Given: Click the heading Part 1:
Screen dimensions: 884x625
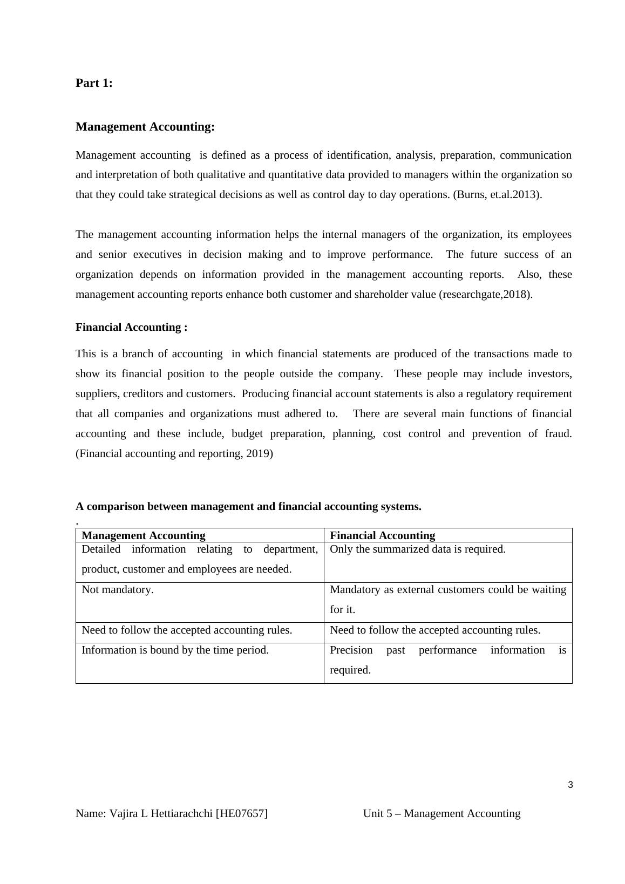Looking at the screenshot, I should (x=94, y=83).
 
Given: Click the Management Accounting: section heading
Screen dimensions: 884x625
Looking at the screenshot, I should (x=145, y=127).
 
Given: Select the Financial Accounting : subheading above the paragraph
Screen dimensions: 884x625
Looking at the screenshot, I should (x=131, y=328).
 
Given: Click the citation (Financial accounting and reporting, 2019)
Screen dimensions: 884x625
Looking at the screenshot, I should (x=174, y=454).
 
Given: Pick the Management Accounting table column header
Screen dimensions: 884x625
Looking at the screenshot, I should (x=143, y=535).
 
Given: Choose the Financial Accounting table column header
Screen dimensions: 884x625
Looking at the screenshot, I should (x=382, y=535).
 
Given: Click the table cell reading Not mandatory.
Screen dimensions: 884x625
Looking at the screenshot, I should (x=118, y=590).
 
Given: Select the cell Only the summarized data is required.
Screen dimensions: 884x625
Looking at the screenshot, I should (x=417, y=549).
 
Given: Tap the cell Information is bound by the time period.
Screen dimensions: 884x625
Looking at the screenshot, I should (x=175, y=650).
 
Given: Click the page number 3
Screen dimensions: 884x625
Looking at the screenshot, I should (x=570, y=785).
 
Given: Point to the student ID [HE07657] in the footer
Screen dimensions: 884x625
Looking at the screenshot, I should (x=241, y=814).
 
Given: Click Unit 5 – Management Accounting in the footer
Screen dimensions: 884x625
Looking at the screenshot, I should (x=441, y=814).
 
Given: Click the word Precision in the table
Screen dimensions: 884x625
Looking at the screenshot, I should (x=351, y=650).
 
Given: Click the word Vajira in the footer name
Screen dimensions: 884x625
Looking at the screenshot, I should (x=124, y=814).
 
